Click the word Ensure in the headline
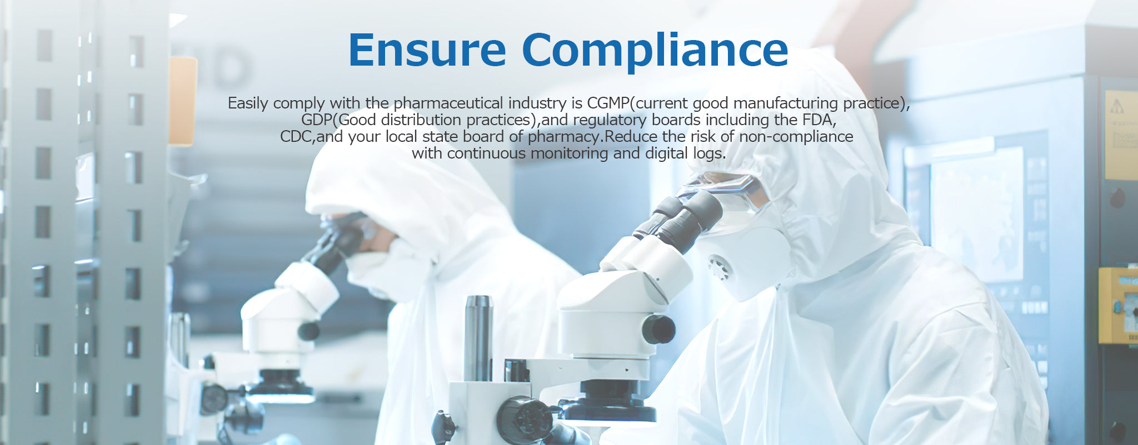coord(427,50)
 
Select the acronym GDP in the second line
coord(316,120)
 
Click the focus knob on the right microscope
coord(658,329)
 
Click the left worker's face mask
coord(383,270)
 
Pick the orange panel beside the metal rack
coord(183,101)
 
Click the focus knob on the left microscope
coord(308,332)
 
